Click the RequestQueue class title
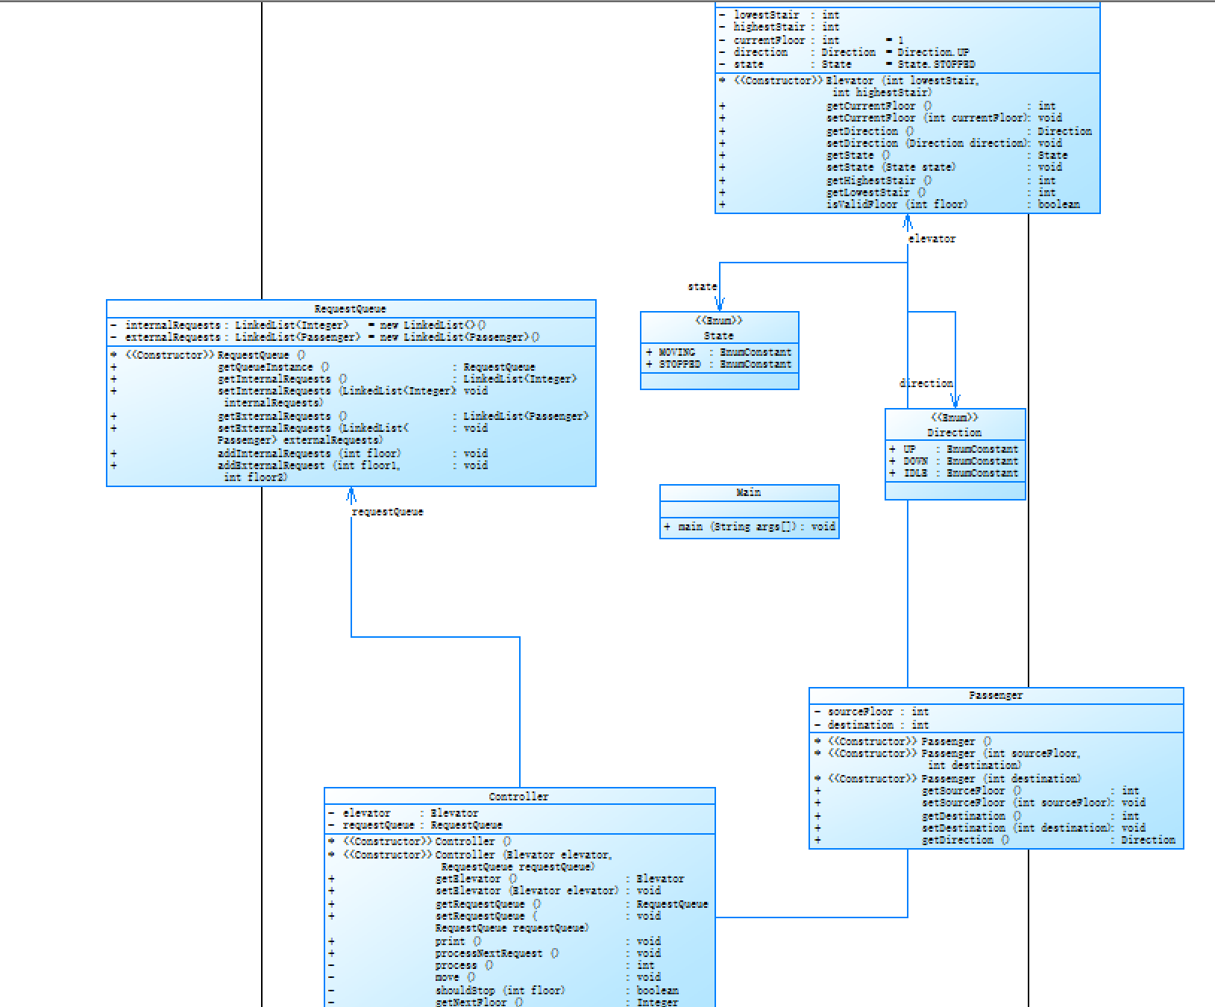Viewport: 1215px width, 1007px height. pos(350,309)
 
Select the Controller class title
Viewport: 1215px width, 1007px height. pos(518,797)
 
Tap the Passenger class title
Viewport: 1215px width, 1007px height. pos(996,695)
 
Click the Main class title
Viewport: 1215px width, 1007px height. pos(748,492)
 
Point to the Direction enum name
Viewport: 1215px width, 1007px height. pos(954,433)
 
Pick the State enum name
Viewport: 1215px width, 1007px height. pos(718,336)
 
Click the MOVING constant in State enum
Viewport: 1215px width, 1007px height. pos(676,352)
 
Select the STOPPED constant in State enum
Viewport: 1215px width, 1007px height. pos(679,364)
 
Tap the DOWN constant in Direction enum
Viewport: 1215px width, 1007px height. pos(915,461)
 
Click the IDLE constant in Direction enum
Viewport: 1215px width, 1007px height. pos(915,473)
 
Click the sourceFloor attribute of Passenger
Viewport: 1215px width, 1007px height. pos(860,712)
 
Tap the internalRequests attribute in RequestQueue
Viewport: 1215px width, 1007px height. pos(172,325)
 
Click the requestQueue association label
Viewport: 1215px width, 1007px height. pos(387,512)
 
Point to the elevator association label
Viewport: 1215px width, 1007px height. pos(932,239)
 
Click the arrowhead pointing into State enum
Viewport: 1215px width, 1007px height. pos(720,304)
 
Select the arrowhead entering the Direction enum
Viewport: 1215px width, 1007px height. pos(955,401)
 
